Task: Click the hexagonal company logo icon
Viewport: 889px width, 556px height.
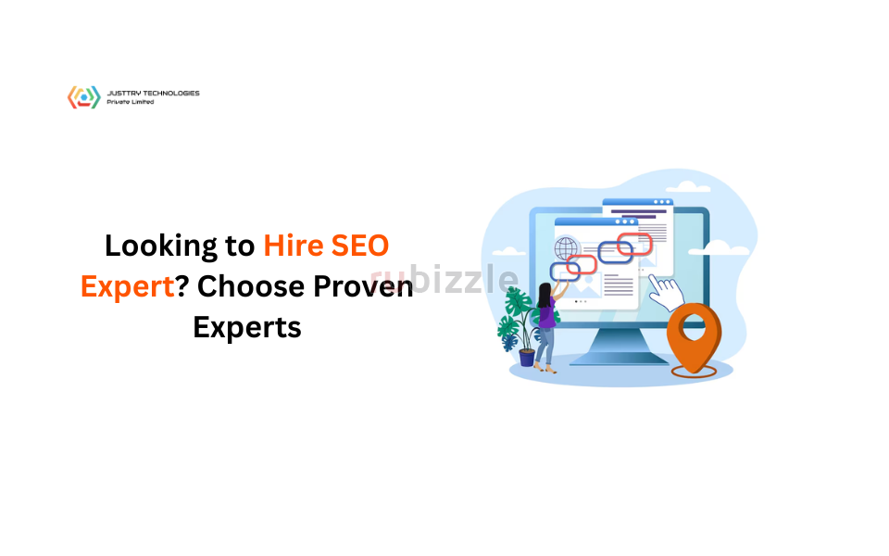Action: click(83, 97)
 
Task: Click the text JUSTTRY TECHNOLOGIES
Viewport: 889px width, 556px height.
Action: click(153, 93)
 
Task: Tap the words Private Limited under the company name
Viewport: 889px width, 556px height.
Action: click(131, 102)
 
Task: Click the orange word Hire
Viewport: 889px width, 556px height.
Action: click(295, 246)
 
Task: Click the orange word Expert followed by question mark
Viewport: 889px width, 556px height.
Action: click(128, 286)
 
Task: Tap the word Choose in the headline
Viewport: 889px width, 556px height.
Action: click(249, 286)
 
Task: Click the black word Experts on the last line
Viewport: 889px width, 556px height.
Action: click(247, 327)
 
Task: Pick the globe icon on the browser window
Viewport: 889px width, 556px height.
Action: click(565, 249)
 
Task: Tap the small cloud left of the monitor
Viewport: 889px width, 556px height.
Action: click(507, 250)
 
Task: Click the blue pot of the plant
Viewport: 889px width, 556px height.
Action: click(527, 357)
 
